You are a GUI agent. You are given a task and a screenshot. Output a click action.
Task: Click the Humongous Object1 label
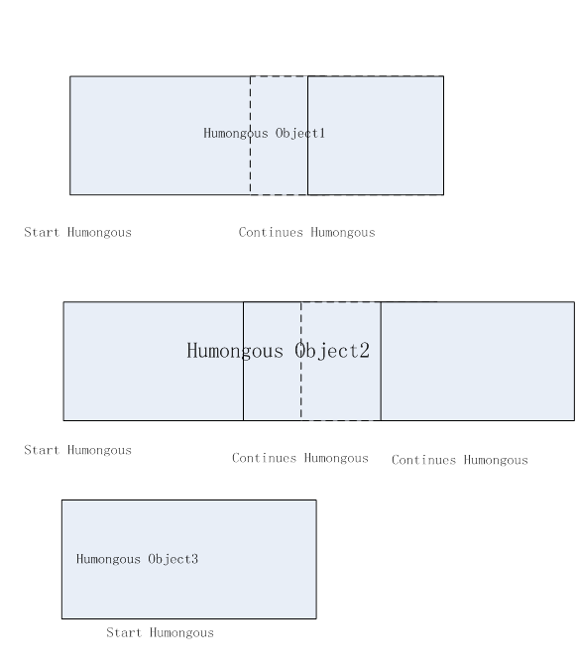tap(265, 134)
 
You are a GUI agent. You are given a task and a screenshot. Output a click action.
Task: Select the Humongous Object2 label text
tap(279, 351)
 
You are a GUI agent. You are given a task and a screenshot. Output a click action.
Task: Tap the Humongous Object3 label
tap(137, 559)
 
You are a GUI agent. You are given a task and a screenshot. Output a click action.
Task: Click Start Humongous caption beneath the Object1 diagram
tap(77, 232)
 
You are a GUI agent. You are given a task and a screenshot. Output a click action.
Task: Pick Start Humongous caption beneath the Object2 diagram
tap(77, 450)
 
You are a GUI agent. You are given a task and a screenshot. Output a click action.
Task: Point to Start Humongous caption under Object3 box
tap(161, 633)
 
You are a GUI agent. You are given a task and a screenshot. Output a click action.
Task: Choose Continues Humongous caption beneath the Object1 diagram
tap(306, 232)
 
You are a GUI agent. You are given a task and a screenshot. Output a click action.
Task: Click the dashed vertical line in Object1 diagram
tap(250, 136)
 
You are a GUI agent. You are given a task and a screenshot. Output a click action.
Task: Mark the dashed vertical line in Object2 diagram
tap(301, 361)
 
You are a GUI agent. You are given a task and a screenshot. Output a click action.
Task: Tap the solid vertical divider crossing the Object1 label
tap(307, 136)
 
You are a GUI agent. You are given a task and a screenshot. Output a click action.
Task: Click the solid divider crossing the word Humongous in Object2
tap(244, 361)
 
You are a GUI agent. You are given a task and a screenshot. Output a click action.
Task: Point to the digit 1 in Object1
tap(322, 134)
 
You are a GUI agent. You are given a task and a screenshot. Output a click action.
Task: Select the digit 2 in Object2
tap(365, 351)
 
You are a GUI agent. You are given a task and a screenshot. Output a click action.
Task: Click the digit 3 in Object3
tap(194, 559)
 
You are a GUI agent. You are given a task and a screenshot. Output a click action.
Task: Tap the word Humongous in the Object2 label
tap(235, 351)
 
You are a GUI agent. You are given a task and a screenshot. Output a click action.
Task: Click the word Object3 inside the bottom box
tap(173, 559)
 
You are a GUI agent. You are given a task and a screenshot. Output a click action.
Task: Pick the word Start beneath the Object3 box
tap(124, 633)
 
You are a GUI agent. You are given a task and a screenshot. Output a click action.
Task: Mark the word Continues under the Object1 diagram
tap(271, 232)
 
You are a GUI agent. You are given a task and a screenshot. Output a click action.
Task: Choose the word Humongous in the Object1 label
tap(236, 134)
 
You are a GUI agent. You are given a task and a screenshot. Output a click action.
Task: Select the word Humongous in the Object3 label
tap(108, 559)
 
